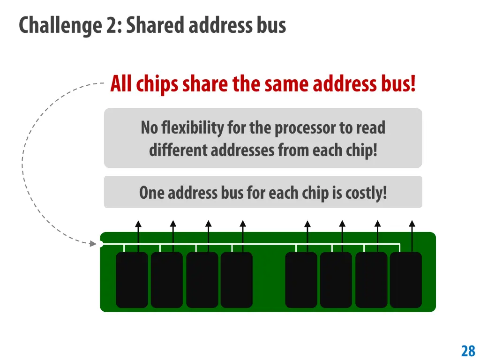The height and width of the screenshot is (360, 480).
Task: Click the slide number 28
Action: point(468,351)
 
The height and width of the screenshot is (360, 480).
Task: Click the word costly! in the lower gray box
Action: point(366,193)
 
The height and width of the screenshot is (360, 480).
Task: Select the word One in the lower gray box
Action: point(152,193)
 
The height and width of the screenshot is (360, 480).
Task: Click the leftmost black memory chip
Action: point(132,280)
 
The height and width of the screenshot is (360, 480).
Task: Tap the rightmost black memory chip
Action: point(406,280)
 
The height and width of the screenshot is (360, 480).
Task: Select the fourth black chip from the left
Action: point(237,280)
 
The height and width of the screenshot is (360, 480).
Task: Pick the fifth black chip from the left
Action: point(301,280)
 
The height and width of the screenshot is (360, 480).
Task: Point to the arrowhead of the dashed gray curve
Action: point(93,243)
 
